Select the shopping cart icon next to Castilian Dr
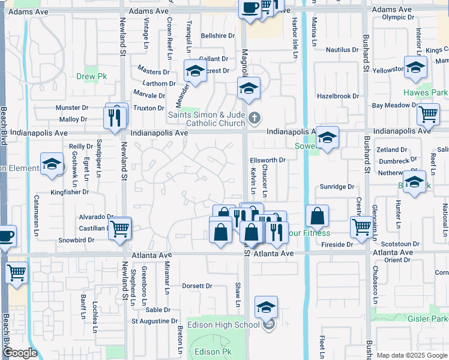(x=120, y=228)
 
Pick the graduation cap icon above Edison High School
(x=266, y=307)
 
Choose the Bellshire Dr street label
(x=218, y=36)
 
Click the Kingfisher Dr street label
(x=70, y=193)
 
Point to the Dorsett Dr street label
(x=197, y=286)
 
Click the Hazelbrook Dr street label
(x=337, y=96)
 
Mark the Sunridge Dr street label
(x=337, y=187)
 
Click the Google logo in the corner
(x=20, y=353)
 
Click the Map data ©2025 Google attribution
(x=412, y=355)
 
